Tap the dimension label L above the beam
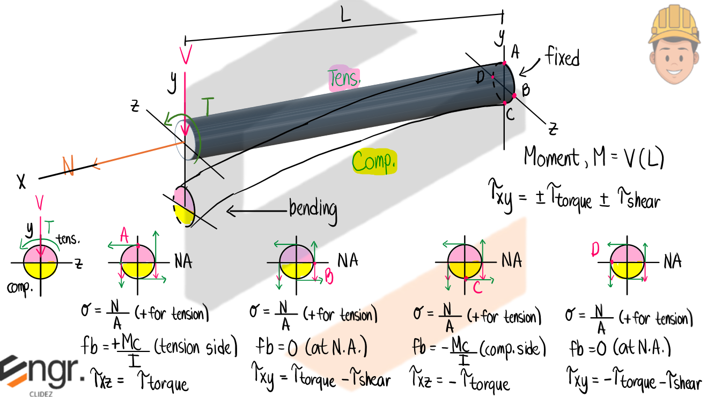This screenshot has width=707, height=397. [345, 15]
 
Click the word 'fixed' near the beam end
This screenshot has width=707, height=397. [562, 56]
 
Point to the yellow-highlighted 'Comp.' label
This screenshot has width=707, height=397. [374, 161]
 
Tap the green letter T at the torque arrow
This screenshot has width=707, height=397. [207, 108]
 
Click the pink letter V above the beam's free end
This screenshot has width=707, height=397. [186, 54]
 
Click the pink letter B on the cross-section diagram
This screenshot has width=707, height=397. [329, 276]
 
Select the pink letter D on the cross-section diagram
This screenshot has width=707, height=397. [595, 250]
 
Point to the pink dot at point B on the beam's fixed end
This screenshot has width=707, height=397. [514, 95]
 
